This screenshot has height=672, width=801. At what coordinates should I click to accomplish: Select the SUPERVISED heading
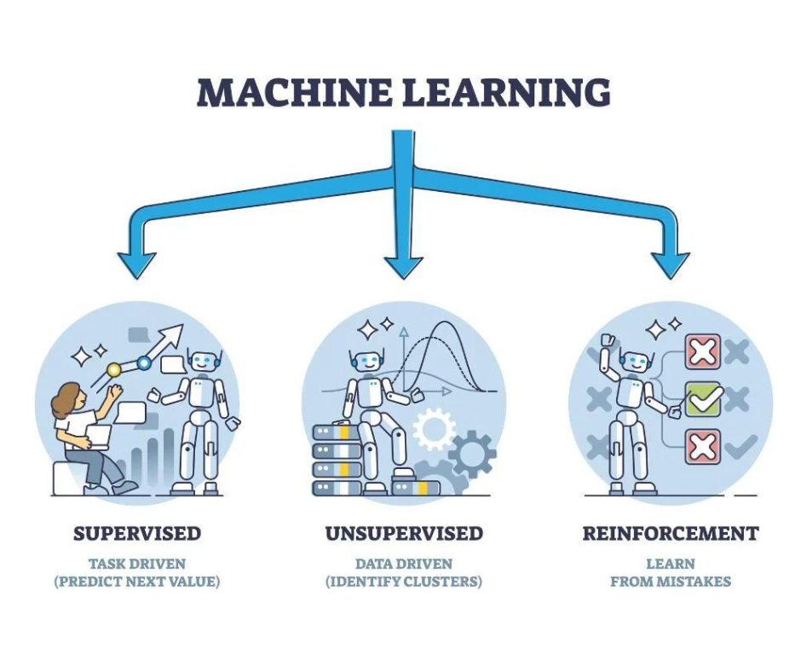pos(137,535)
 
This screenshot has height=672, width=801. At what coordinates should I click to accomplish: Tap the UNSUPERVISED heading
pos(404,535)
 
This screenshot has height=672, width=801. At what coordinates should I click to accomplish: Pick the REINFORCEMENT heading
pos(671,535)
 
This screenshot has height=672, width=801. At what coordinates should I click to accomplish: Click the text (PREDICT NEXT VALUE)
pos(137,582)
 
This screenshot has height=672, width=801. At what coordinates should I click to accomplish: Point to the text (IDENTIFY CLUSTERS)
pos(404,582)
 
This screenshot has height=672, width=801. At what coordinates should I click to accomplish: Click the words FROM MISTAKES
pos(671,582)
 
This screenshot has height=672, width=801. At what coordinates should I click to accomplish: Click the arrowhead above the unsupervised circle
pos(404,264)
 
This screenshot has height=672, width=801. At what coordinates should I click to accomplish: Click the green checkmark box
pos(704,399)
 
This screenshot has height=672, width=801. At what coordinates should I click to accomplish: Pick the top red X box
pos(704,351)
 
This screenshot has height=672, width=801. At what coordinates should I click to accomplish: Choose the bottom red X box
pos(704,446)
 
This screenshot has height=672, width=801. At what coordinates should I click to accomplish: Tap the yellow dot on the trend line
pos(112,369)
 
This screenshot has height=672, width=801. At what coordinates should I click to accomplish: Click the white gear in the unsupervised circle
pos(435,426)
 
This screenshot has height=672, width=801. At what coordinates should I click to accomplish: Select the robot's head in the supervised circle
pos(202,362)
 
